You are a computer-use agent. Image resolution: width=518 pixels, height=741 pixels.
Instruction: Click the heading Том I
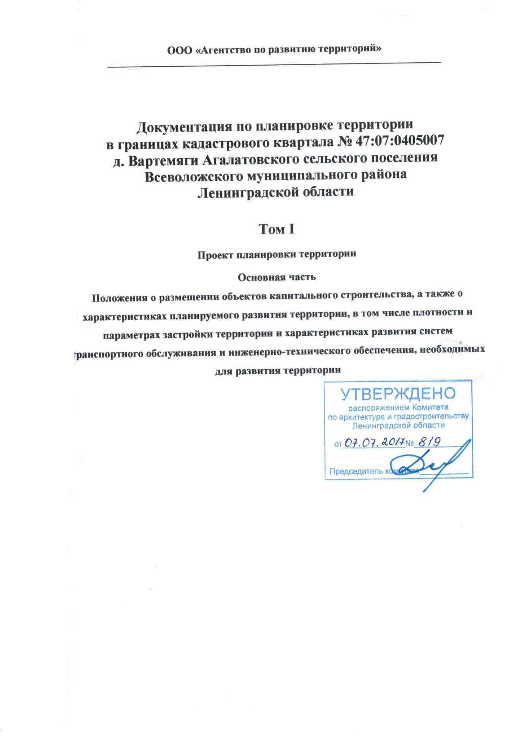[276, 229]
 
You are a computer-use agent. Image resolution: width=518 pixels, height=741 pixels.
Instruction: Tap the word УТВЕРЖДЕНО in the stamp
[398, 393]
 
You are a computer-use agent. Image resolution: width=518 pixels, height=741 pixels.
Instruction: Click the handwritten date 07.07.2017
[374, 442]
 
